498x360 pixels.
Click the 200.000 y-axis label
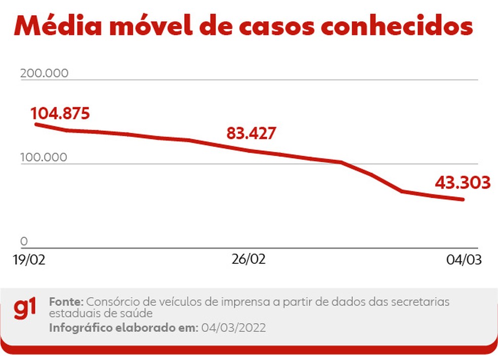(44, 73)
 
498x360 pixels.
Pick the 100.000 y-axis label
(44, 157)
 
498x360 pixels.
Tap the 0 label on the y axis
(24, 241)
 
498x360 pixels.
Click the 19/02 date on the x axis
(30, 260)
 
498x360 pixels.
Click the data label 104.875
(60, 113)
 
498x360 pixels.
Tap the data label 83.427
(251, 133)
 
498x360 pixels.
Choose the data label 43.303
(463, 183)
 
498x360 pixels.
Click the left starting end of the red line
(35, 124)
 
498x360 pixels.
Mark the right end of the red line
(463, 199)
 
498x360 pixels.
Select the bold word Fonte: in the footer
(66, 302)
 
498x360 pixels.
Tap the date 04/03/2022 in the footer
(233, 328)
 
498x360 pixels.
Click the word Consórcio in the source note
(110, 302)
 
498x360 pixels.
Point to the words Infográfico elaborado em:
(123, 328)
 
